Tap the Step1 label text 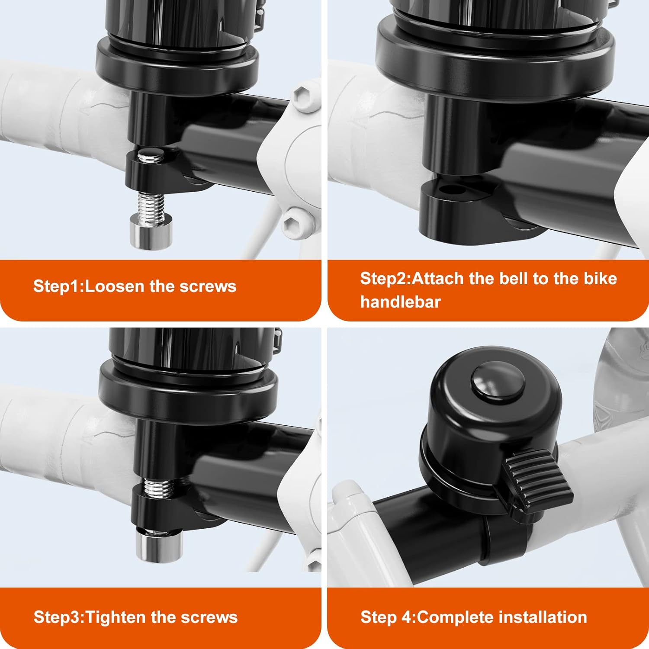(x=58, y=286)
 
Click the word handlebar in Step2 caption (x=400, y=302)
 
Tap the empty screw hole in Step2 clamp (x=450, y=190)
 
